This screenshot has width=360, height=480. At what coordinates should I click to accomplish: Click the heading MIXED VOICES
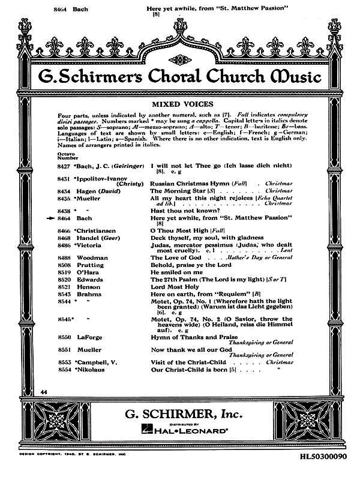point(179,103)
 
